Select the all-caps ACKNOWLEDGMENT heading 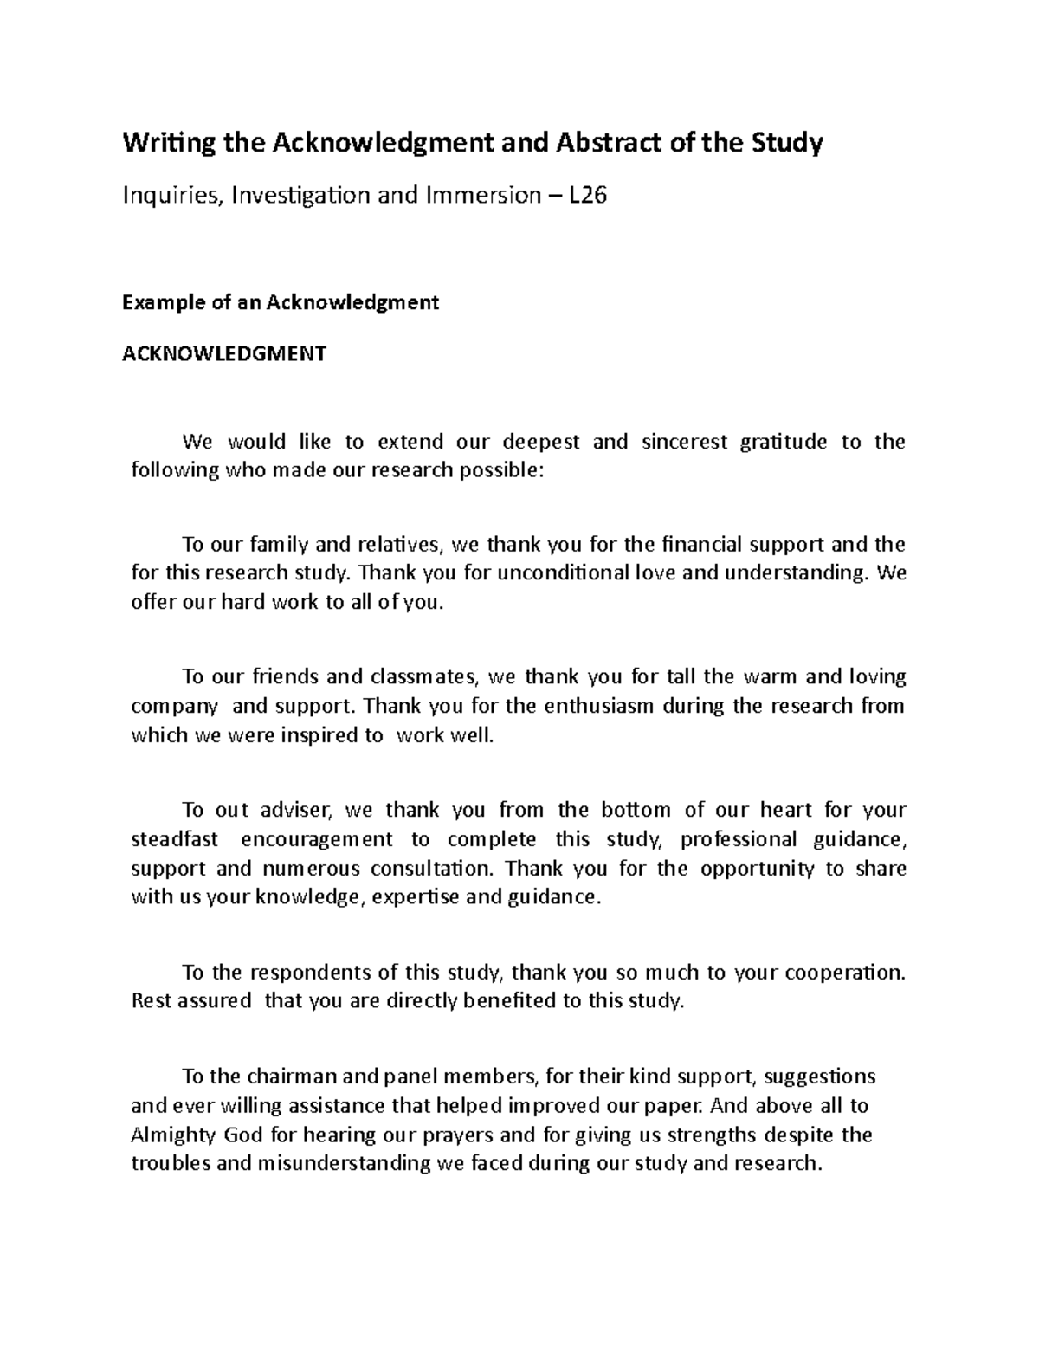pyautogui.click(x=224, y=353)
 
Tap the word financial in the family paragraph pyautogui.click(x=700, y=545)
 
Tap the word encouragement pyautogui.click(x=316, y=839)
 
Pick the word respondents pyautogui.click(x=294, y=973)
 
